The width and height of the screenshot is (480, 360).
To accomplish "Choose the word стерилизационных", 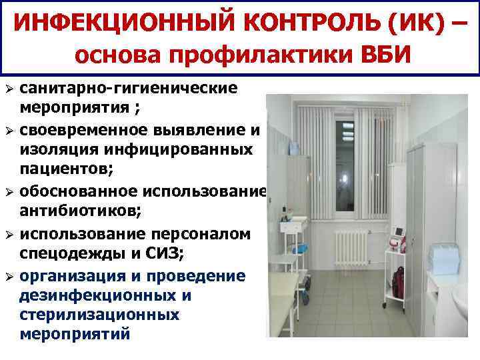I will click(x=99, y=313).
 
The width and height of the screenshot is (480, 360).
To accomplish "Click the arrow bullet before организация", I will click(x=8, y=275).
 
